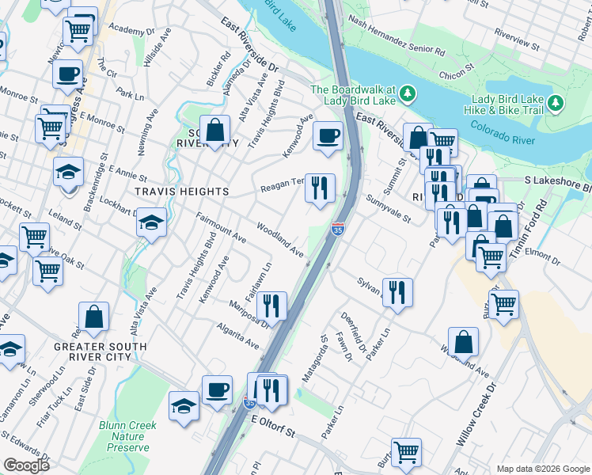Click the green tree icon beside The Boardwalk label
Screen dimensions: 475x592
pyautogui.click(x=408, y=94)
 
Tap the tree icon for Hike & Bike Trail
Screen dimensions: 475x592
pyautogui.click(x=556, y=104)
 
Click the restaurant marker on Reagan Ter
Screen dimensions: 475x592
pyautogui.click(x=320, y=188)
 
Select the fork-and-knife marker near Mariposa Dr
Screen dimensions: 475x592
pyautogui.click(x=271, y=305)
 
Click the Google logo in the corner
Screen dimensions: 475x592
pyautogui.click(x=26, y=465)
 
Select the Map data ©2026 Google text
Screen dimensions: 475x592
pyautogui.click(x=542, y=468)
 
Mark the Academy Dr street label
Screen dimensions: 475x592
pyautogui.click(x=129, y=29)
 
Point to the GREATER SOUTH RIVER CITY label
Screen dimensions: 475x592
pyautogui.click(x=100, y=352)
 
